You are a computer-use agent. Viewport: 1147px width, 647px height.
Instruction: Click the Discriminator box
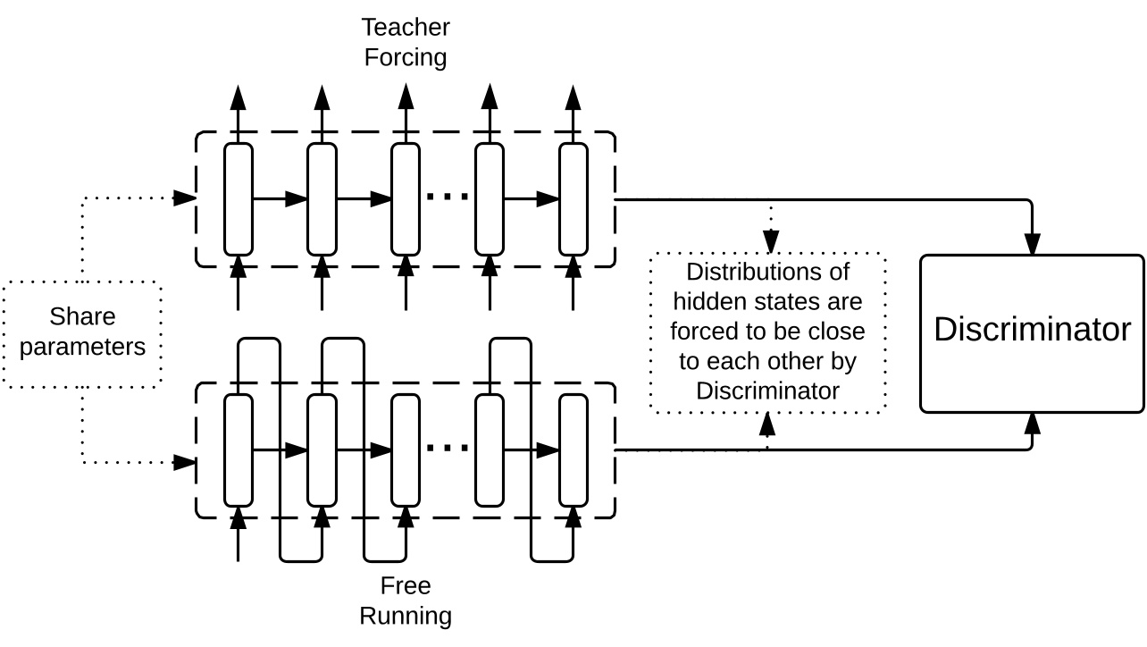[1032, 333]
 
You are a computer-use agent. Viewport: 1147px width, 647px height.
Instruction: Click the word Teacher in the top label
[406, 27]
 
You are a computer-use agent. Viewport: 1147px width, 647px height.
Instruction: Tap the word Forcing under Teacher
[406, 57]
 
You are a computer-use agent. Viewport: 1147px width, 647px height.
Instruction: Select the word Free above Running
[406, 586]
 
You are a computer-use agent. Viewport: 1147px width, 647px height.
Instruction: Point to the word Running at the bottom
[406, 616]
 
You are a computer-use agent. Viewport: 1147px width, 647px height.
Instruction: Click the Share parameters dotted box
[82, 333]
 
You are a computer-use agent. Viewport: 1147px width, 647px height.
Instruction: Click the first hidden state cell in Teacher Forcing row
[238, 198]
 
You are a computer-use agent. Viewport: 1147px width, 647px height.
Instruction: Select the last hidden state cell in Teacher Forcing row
[573, 198]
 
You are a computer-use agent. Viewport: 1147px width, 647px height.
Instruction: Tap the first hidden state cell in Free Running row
[238, 450]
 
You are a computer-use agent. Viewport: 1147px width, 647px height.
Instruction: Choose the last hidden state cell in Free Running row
[573, 450]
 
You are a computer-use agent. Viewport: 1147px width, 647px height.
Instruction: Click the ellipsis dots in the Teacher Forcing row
[447, 196]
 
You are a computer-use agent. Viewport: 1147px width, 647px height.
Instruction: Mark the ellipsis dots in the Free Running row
[447, 447]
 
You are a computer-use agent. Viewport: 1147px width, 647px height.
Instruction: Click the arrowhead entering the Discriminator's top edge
[1033, 244]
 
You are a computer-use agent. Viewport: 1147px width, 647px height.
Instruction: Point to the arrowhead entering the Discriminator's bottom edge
[1033, 423]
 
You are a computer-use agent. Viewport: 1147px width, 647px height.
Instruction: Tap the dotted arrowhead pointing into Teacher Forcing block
[185, 197]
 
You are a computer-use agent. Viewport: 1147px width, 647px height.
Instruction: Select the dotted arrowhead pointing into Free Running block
[185, 462]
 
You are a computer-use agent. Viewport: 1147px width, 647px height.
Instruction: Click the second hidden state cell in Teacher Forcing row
[322, 198]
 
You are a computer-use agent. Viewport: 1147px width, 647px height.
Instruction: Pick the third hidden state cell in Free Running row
[406, 450]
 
